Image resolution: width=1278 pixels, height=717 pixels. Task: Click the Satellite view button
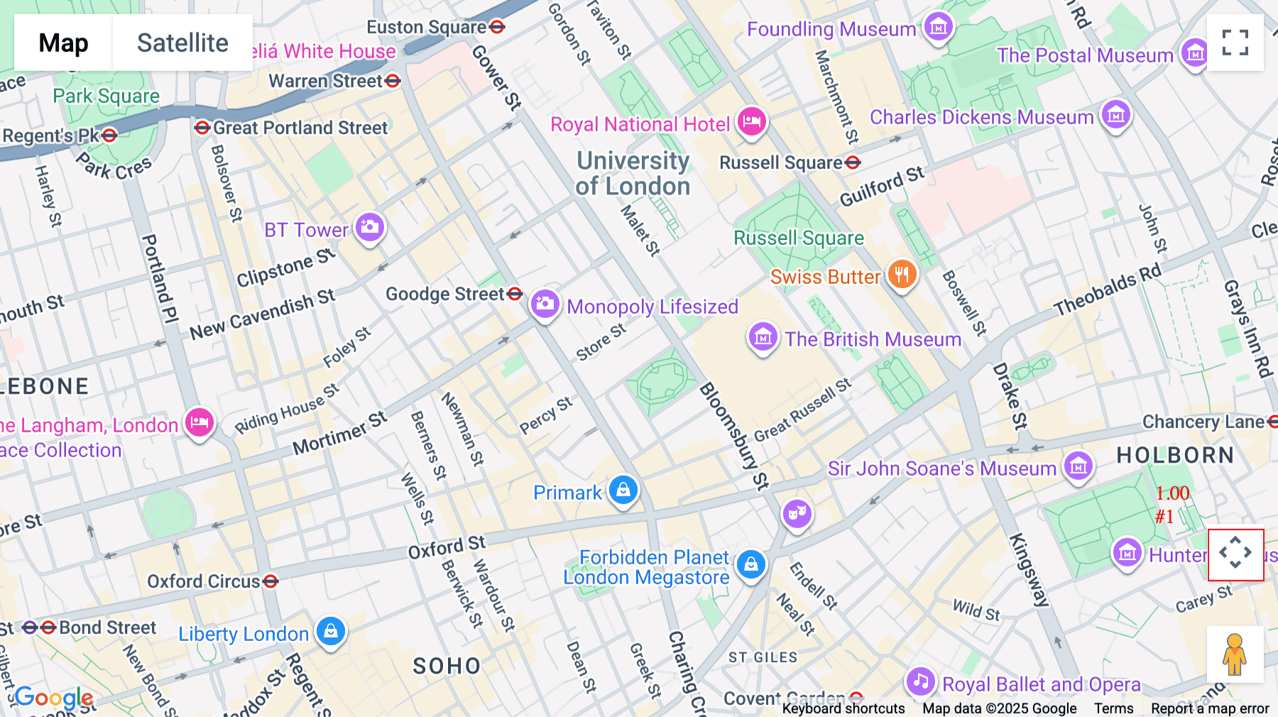[x=182, y=43]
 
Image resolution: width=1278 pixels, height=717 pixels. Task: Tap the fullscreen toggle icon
[x=1235, y=43]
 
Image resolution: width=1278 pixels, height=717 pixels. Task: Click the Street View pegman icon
[x=1235, y=655]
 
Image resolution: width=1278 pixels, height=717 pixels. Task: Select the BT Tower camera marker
[x=369, y=227]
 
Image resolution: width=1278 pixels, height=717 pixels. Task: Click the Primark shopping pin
[x=623, y=490]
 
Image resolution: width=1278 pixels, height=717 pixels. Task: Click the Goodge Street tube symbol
[x=515, y=293]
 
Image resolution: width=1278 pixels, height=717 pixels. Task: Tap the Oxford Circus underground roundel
[x=271, y=581]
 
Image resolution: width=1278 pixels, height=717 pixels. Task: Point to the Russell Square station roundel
[x=853, y=163]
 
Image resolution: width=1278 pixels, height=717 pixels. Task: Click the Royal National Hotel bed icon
[x=751, y=121]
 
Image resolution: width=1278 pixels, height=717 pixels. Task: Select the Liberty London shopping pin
[x=330, y=630]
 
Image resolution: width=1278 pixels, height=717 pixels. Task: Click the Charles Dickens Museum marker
[x=1115, y=114]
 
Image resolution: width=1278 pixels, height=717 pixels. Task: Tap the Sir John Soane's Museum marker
[x=1078, y=466]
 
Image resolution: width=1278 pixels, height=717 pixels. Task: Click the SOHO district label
[x=447, y=666]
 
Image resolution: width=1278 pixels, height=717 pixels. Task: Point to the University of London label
[x=633, y=173]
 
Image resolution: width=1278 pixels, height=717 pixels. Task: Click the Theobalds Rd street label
[x=1107, y=290]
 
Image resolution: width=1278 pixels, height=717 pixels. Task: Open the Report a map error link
[x=1210, y=708]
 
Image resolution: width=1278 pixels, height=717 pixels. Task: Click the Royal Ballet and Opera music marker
[x=920, y=682]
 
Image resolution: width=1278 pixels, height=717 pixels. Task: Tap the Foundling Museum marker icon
[x=939, y=27]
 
